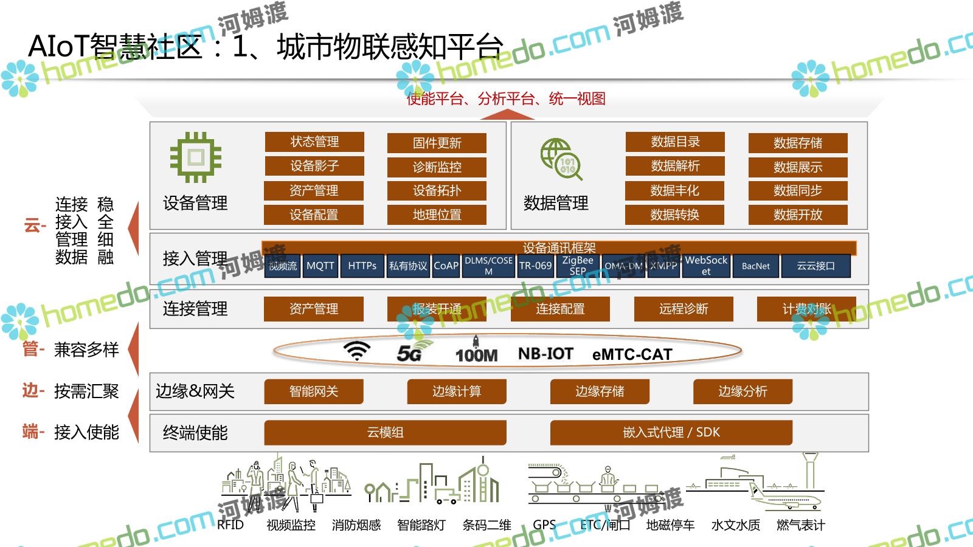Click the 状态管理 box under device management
[314, 142]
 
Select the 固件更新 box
[437, 143]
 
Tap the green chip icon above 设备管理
[196, 157]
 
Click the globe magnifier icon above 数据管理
[561, 159]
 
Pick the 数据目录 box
[675, 142]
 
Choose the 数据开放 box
[798, 215]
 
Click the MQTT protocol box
[320, 266]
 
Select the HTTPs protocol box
[362, 266]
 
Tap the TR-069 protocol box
[535, 266]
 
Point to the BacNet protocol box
[755, 266]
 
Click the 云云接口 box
[815, 266]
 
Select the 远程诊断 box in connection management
[684, 309]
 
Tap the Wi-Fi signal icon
[357, 351]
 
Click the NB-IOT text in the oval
[545, 353]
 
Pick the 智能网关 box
[314, 391]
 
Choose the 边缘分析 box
[743, 391]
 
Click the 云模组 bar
[385, 432]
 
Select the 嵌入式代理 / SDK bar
[671, 432]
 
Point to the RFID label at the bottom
[230, 525]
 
